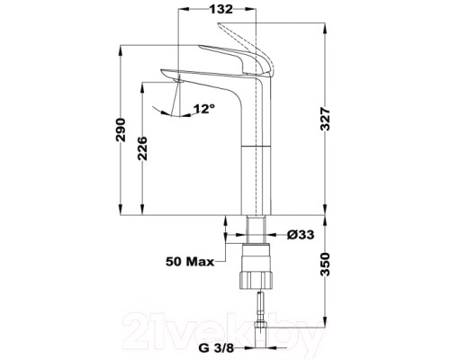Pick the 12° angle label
pyautogui.click(x=203, y=109)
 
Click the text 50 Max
pyautogui.click(x=190, y=263)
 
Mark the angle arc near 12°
pyautogui.click(x=171, y=112)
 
